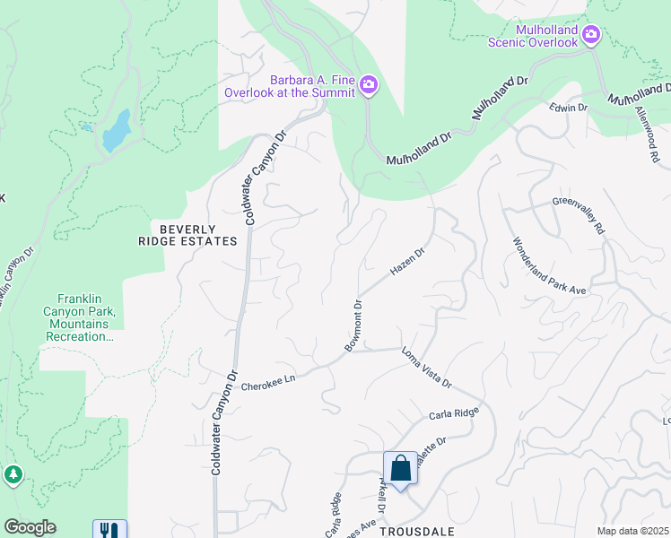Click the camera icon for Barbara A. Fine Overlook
pos(369,85)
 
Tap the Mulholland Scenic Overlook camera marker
pos(591,35)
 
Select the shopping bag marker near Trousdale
pos(400,469)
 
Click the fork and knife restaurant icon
pos(109,530)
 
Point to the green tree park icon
pos(13,473)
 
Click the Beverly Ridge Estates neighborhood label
pos(187,235)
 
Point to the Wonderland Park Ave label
pos(548,266)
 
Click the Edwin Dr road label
pos(568,108)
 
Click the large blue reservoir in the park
pos(117,131)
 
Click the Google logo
pos(30,527)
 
